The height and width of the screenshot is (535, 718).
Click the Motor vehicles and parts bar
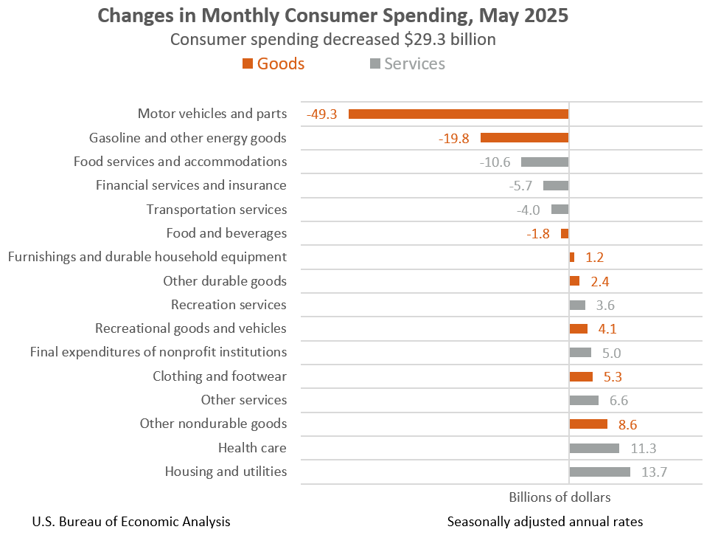pos(458,114)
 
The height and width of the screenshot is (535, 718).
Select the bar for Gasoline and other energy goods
pos(524,137)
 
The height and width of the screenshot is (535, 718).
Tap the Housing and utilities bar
pos(599,472)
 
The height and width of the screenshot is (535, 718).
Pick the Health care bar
pos(594,448)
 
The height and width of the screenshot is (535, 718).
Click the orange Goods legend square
pos(248,64)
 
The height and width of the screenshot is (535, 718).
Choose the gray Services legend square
pos(374,64)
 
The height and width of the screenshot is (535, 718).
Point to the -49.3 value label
pos(322,114)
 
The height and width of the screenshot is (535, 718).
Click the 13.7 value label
pos(654,472)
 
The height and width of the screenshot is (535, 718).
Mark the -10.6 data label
pos(495,162)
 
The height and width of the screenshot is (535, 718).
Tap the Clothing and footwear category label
pos(220,376)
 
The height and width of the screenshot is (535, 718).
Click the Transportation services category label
pos(216,210)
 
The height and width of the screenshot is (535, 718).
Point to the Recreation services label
pos(229,305)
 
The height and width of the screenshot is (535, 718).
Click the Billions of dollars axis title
pos(560,497)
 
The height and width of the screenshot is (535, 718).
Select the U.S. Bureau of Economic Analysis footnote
pos(131,522)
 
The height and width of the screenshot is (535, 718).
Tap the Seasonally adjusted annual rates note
pos(545,522)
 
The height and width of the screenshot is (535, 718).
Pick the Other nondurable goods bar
pos(588,424)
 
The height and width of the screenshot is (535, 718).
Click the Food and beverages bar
pos(565,233)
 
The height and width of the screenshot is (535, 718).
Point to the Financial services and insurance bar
pos(556,186)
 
